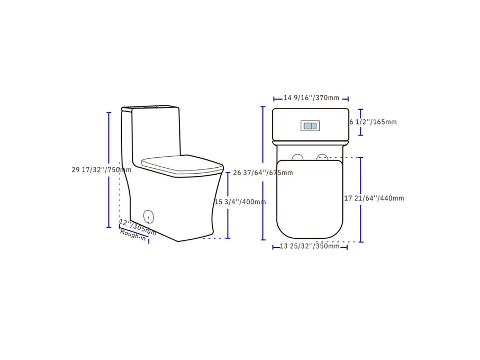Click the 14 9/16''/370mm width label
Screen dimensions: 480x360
[x=311, y=98]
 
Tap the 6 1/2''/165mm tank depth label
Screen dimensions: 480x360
[x=373, y=122]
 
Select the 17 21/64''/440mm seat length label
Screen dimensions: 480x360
[x=374, y=199]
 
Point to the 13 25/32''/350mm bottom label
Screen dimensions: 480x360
[x=310, y=246]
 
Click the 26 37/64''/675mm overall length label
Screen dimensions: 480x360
[x=263, y=173]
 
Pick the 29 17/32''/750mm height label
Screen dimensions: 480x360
[x=101, y=169]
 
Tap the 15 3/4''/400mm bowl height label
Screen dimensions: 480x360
[x=240, y=202]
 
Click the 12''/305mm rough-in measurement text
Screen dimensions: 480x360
[x=138, y=227]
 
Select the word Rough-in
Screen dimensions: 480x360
[x=133, y=235]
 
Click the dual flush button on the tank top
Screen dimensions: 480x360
[x=310, y=126]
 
